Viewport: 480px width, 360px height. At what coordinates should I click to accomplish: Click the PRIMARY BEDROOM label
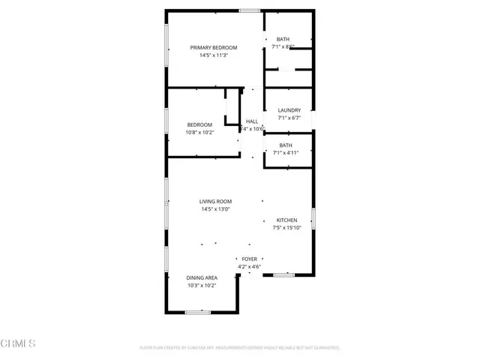pos(214,47)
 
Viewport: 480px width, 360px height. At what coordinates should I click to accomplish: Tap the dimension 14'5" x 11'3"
pos(214,55)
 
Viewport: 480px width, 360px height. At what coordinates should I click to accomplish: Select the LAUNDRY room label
pos(289,110)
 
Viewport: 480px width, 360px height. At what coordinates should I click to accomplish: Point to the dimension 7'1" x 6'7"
pos(289,118)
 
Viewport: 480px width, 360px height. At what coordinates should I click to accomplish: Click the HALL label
pos(252,121)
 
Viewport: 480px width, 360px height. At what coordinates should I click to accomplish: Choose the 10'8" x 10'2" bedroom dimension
pos(199,133)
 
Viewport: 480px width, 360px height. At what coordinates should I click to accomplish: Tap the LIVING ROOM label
pos(215,202)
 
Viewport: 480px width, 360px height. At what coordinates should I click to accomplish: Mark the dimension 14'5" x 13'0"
pos(215,210)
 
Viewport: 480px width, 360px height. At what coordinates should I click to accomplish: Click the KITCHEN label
pos(287,220)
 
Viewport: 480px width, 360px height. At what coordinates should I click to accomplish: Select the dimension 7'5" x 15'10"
pos(287,228)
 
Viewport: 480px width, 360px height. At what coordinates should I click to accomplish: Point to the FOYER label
pos(249,259)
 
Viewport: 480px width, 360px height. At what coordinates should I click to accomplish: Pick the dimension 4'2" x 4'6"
pos(249,267)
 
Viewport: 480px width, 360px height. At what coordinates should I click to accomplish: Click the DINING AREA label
pos(202,277)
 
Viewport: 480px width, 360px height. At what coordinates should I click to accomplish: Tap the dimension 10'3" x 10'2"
pos(202,286)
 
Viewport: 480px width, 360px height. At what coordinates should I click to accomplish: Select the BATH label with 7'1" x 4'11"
pos(286,145)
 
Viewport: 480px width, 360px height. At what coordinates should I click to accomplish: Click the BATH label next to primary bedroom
pos(283,39)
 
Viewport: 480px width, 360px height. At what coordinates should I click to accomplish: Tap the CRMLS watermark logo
pos(19,343)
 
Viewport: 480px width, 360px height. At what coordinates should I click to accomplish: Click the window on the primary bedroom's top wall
pos(250,10)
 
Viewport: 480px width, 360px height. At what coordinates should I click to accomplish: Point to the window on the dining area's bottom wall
pos(197,312)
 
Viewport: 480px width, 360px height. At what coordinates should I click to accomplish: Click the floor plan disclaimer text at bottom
pos(240,348)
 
